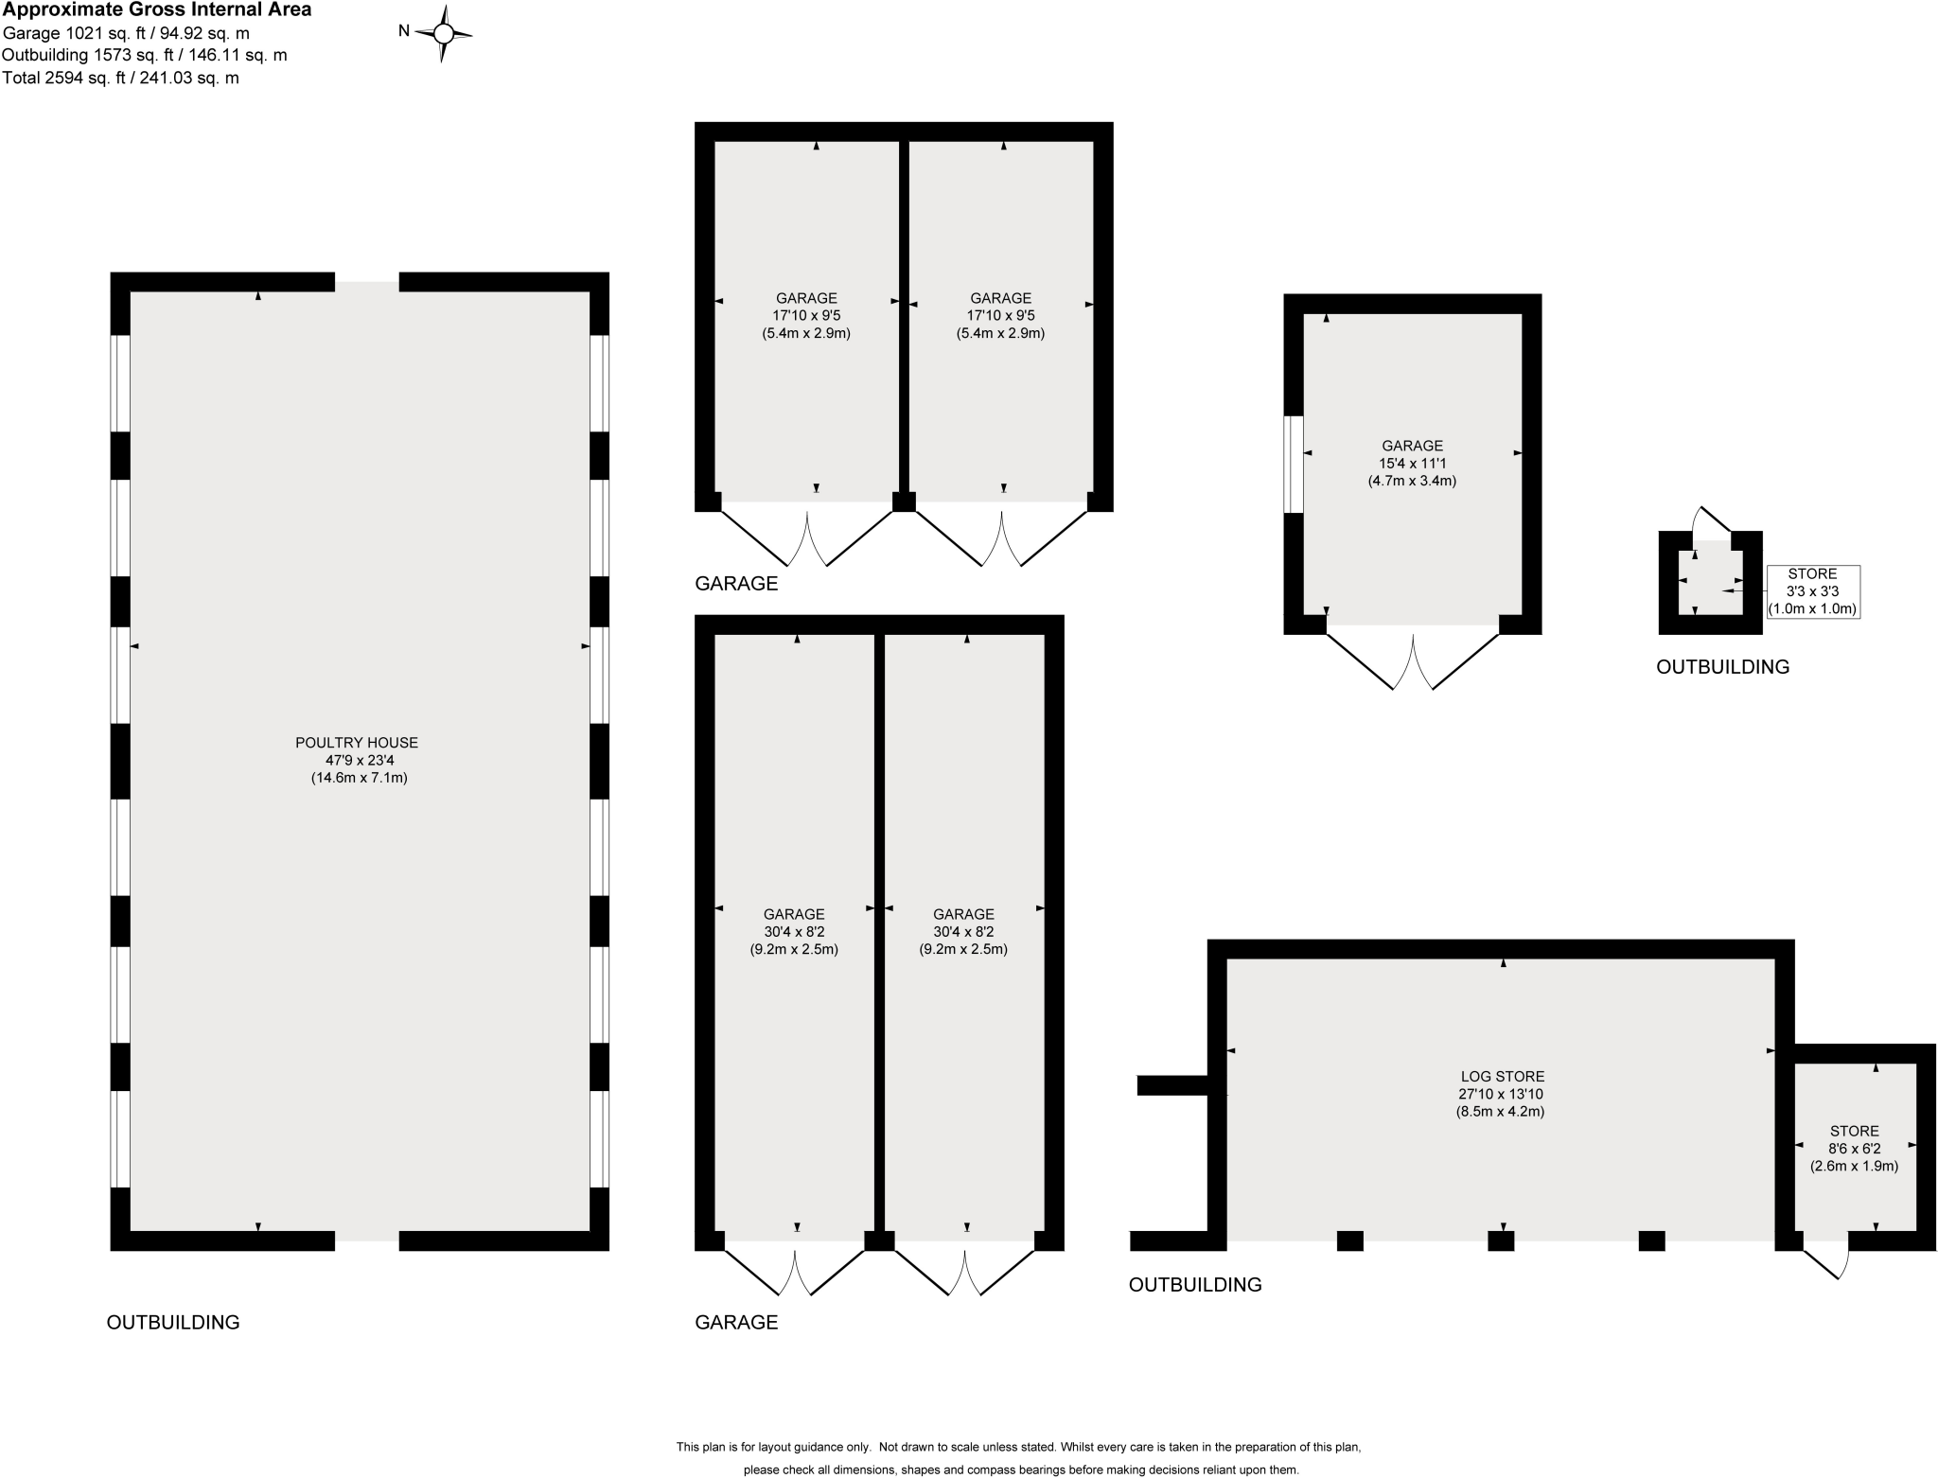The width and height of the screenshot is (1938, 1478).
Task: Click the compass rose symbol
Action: coord(443,33)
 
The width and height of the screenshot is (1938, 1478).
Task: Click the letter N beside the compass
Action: coord(403,31)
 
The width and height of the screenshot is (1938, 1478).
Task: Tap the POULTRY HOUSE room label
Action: coord(358,760)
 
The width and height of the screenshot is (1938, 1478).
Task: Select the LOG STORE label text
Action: coord(1502,1093)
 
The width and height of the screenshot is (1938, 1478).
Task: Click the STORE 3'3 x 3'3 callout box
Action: coord(1812,591)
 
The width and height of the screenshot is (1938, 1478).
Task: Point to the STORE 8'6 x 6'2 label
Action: coord(1854,1148)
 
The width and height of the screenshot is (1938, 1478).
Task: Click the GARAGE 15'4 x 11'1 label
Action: coord(1412,463)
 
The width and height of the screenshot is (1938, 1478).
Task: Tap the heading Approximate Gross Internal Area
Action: coord(156,10)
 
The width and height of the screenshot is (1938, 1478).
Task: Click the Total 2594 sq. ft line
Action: coord(120,79)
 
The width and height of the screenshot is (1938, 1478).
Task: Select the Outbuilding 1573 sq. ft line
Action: coord(144,56)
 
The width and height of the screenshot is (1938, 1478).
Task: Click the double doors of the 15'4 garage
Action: coord(1413,660)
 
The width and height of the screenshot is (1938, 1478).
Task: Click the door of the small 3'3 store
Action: coord(1712,521)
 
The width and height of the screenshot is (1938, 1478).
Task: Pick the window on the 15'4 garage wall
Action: coord(1293,464)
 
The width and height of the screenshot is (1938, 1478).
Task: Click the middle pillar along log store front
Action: coord(1501,1240)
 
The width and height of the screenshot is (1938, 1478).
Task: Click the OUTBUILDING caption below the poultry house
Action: coord(172,1322)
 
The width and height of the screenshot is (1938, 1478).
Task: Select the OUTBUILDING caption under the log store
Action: coord(1194,1284)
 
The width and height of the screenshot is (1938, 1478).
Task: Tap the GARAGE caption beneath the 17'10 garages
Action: coord(736,584)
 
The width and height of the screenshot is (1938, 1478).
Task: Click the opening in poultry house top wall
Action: coord(367,282)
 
